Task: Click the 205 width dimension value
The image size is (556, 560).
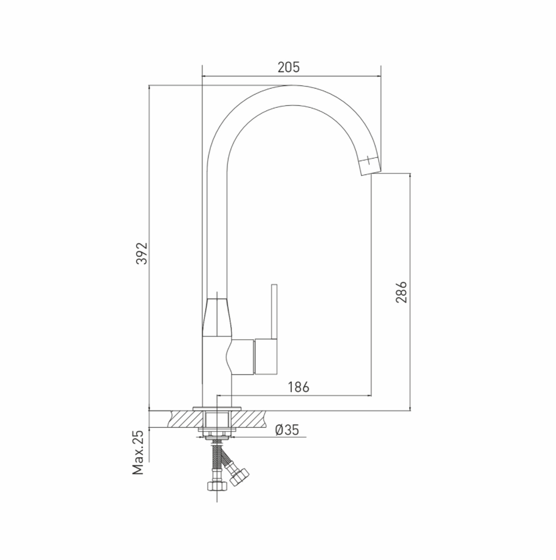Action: tap(289, 67)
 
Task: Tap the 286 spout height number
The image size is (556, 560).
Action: tap(401, 292)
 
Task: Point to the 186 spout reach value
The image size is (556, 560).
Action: tap(299, 387)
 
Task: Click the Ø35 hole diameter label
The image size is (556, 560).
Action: tap(287, 430)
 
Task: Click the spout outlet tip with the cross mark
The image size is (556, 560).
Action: tap(369, 165)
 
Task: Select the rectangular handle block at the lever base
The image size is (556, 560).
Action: tap(266, 357)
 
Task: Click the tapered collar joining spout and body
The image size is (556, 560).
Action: tap(217, 318)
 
